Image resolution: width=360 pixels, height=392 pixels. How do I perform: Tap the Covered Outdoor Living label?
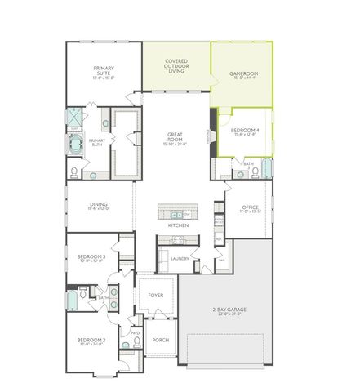tap(176, 65)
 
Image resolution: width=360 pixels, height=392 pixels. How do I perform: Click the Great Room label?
tap(176, 139)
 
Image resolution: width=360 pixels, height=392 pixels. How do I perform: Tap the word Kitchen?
tap(179, 225)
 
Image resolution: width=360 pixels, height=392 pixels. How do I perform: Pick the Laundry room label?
tap(180, 259)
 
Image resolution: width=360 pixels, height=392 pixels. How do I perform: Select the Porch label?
tap(159, 340)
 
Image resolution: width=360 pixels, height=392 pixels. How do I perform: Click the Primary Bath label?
tap(97, 142)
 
